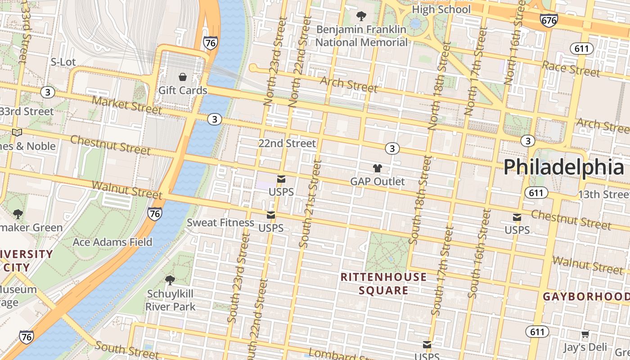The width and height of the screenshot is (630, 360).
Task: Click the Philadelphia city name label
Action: point(563,167)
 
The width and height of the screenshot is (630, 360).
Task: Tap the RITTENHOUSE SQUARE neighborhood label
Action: point(383,283)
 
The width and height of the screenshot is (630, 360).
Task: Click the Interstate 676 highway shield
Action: point(549,20)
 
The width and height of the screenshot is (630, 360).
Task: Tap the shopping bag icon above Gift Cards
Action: point(183,77)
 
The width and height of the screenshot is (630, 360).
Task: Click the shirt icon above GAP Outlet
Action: point(378,168)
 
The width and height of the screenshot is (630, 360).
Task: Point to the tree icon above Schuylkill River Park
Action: point(170,280)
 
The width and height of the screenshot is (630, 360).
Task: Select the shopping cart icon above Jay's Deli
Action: point(585,334)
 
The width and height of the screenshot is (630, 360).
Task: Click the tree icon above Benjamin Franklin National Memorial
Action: point(361,17)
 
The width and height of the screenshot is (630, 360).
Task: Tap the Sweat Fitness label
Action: point(220,222)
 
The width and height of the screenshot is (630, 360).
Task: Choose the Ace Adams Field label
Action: point(112,242)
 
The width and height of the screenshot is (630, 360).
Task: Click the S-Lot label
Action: point(63,62)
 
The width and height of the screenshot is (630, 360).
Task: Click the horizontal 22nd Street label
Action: point(287,144)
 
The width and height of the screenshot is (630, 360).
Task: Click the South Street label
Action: point(127,350)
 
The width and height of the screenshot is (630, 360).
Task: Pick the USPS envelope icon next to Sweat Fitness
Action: point(270,215)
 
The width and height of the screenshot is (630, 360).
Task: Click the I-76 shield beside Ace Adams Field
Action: point(154,214)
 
